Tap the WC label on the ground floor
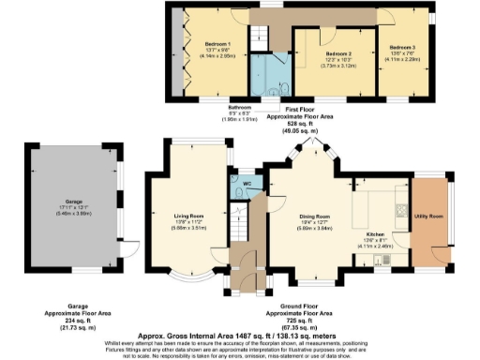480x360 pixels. [248, 183]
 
